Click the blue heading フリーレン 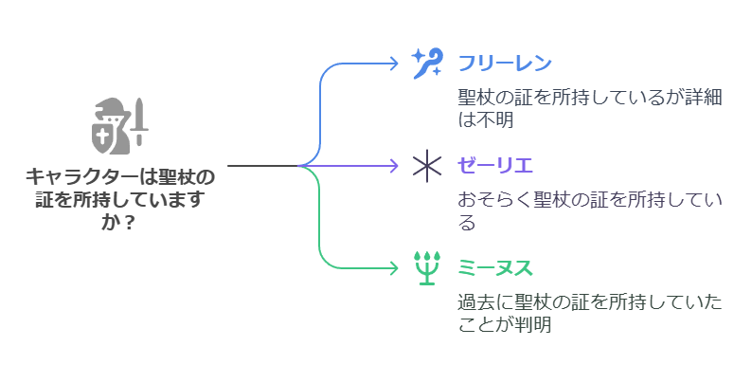[505, 63]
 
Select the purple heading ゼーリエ [495, 166]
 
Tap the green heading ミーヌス [495, 267]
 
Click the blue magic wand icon [427, 63]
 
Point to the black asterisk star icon [427, 166]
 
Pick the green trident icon [427, 267]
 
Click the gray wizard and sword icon [120, 126]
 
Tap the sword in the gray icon [139, 122]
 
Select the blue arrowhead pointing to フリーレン [395, 63]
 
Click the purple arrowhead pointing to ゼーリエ [395, 166]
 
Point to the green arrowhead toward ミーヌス [395, 267]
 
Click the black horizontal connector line [262, 166]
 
